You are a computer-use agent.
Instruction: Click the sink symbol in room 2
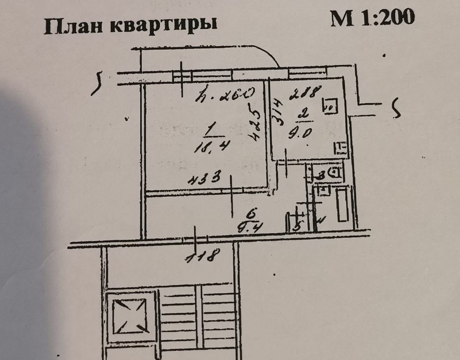pos(340,147)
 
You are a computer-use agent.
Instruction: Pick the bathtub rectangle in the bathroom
pos(342,205)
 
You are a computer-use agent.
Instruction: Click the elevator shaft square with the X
pos(129,316)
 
